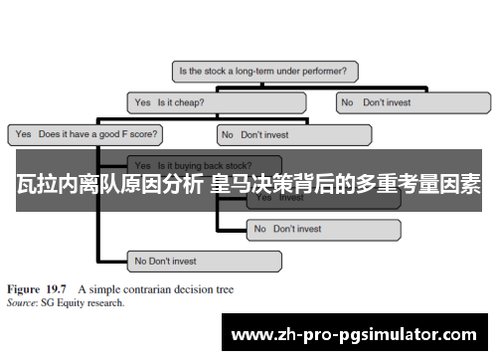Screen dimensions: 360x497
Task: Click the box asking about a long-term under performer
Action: pos(265,71)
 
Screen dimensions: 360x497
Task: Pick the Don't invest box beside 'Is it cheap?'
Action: pos(414,101)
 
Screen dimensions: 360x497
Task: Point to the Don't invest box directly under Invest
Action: pos(324,229)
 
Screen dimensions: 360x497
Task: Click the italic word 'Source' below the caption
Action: pos(22,302)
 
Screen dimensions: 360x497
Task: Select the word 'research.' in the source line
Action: pos(106,302)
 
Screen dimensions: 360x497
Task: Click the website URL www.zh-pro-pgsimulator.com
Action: pos(361,335)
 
